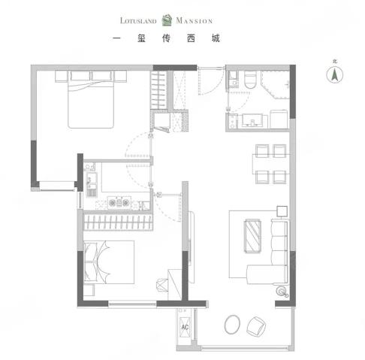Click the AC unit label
coord(185,327)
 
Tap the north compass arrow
coord(334,74)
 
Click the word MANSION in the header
coord(195,20)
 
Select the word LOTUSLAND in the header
coord(138,20)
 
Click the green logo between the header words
coord(167,20)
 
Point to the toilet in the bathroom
coord(250,80)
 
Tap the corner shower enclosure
coord(275,84)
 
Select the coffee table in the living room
coord(252,236)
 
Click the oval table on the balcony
coord(232,324)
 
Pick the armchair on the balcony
coord(256,326)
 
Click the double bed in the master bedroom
coord(91,99)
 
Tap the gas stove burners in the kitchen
coord(119,202)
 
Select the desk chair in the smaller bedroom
coord(162,285)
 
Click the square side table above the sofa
coord(282,211)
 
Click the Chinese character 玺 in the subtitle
coord(141,38)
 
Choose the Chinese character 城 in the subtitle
coord(216,38)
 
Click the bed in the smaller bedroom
coord(109,262)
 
